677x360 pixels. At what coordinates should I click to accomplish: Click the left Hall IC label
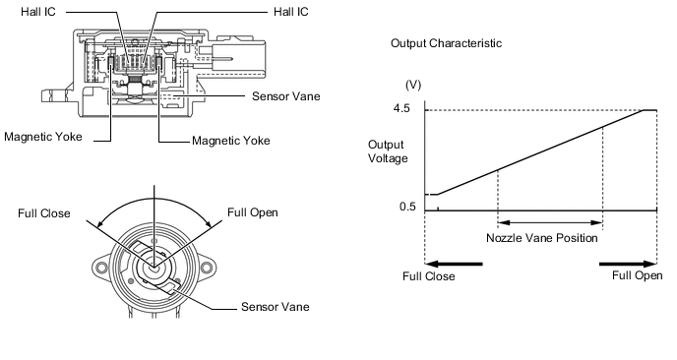(x=38, y=12)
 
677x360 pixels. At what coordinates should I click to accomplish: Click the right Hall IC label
(x=291, y=12)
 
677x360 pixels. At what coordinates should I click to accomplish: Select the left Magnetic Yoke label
(x=43, y=137)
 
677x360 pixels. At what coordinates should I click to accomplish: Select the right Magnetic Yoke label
(x=231, y=141)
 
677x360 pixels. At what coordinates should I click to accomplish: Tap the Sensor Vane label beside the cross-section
(x=285, y=96)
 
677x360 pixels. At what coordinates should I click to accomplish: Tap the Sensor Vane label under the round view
(x=276, y=307)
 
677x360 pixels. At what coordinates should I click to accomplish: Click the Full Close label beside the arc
(x=44, y=213)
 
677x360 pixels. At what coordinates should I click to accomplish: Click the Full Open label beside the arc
(x=253, y=212)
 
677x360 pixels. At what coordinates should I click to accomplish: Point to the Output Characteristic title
(x=446, y=43)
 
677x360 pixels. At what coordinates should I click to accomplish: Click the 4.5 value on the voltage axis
(x=401, y=109)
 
